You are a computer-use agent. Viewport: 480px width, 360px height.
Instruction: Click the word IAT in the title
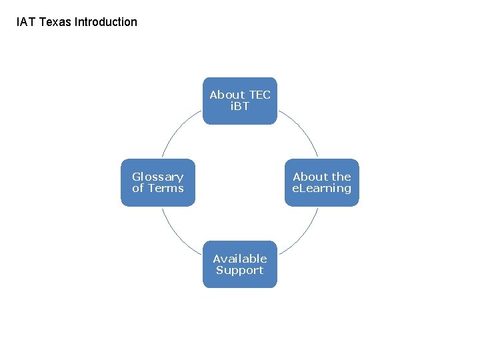click(26, 22)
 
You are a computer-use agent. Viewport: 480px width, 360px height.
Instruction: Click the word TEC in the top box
click(258, 95)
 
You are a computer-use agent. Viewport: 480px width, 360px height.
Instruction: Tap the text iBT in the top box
click(239, 106)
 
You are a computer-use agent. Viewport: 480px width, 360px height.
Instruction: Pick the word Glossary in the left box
click(157, 177)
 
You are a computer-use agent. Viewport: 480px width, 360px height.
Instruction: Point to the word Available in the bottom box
click(239, 259)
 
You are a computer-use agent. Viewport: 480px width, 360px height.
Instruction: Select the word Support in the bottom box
click(239, 270)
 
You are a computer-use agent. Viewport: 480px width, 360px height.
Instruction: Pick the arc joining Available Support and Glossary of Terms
click(177, 233)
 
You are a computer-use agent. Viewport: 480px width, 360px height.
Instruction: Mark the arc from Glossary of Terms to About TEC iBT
click(177, 131)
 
